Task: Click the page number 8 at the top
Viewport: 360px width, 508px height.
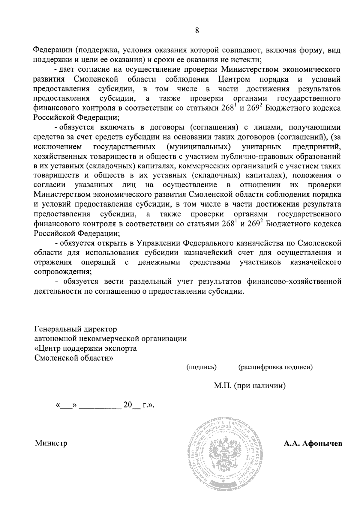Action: click(x=197, y=30)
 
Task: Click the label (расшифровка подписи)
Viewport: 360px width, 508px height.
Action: click(x=275, y=367)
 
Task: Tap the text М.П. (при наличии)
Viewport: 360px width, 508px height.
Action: click(x=250, y=386)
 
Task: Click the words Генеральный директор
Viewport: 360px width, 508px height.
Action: click(x=76, y=329)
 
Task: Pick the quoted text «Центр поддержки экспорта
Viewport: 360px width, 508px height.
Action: click(x=85, y=348)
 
